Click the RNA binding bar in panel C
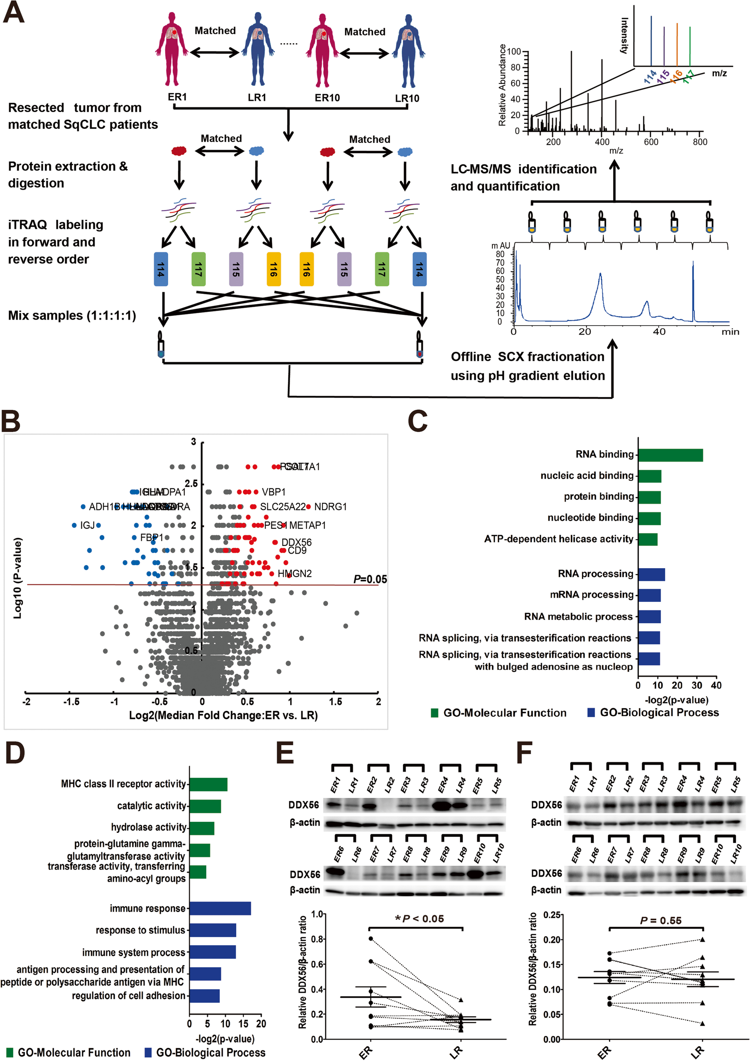pyautogui.click(x=670, y=455)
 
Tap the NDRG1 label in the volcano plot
pyautogui.click(x=330, y=507)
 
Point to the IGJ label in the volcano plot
pyautogui.click(x=87, y=525)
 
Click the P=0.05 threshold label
pyautogui.click(x=370, y=579)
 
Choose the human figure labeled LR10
pyautogui.click(x=408, y=51)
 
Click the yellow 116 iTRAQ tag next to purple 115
pyautogui.click(x=273, y=269)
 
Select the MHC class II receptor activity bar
pyautogui.click(x=208, y=784)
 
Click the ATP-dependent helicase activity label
pyautogui.click(x=558, y=539)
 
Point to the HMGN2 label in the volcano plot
pyautogui.click(x=294, y=573)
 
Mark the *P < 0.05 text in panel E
pyautogui.click(x=419, y=919)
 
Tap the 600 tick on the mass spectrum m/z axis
pyautogui.click(x=651, y=142)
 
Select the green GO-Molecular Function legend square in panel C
pyautogui.click(x=434, y=713)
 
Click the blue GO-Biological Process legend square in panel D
pyautogui.click(x=148, y=1052)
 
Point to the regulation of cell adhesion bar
pyautogui.click(x=204, y=996)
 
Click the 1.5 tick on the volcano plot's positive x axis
pyautogui.click(x=335, y=702)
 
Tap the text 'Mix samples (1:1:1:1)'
pyautogui.click(x=72, y=316)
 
